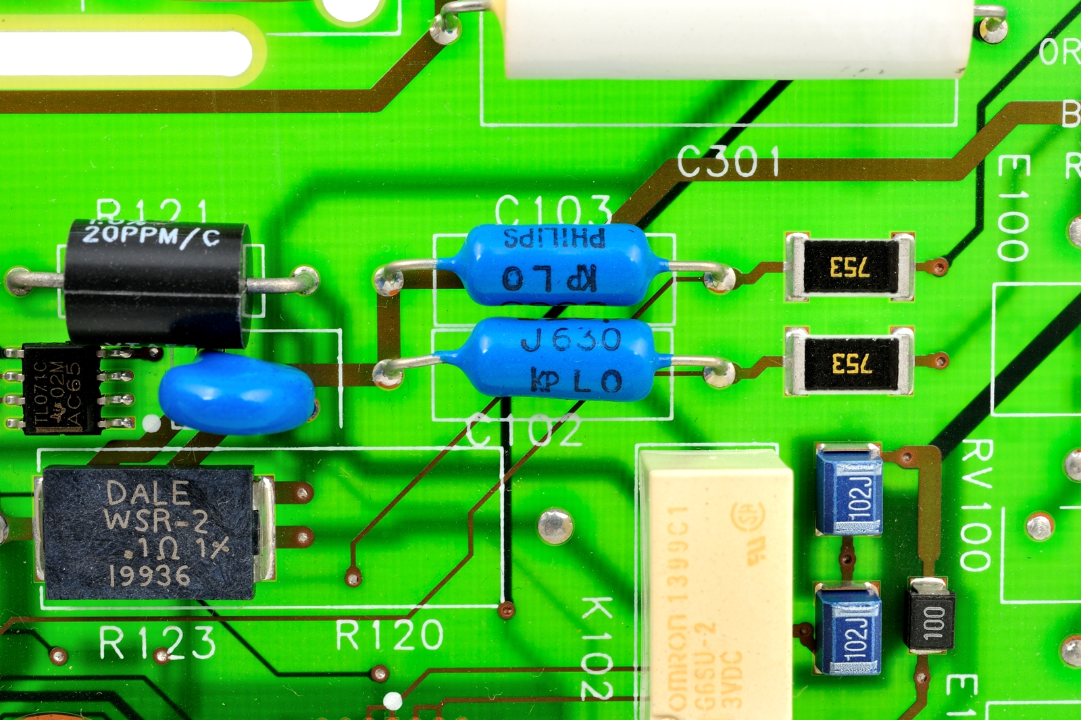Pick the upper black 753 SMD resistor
tap(850, 267)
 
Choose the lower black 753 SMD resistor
tap(850, 363)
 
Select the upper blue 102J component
tap(850, 489)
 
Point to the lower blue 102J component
tap(849, 629)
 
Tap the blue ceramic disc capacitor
tap(236, 394)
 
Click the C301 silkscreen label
tap(728, 162)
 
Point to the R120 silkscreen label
tap(389, 635)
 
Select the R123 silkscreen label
tap(157, 642)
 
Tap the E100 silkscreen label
tap(1013, 208)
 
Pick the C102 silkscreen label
tap(524, 431)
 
